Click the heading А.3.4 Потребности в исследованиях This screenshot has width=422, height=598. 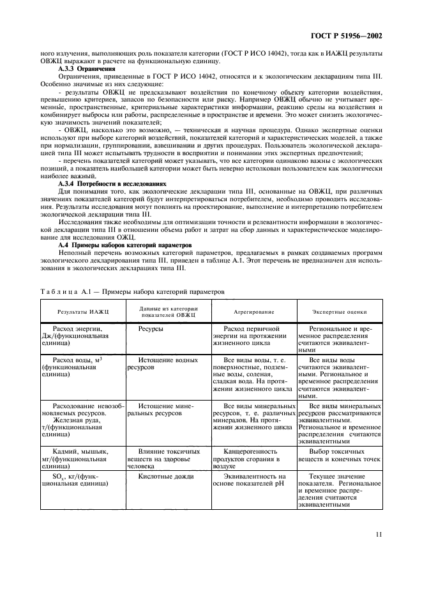(112, 183)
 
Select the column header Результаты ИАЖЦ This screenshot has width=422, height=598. (83, 312)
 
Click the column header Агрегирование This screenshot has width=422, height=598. (253, 312)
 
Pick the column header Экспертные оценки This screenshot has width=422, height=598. (339, 312)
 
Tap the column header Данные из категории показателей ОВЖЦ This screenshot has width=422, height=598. (169, 312)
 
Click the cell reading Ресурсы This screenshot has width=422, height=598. (151, 328)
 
